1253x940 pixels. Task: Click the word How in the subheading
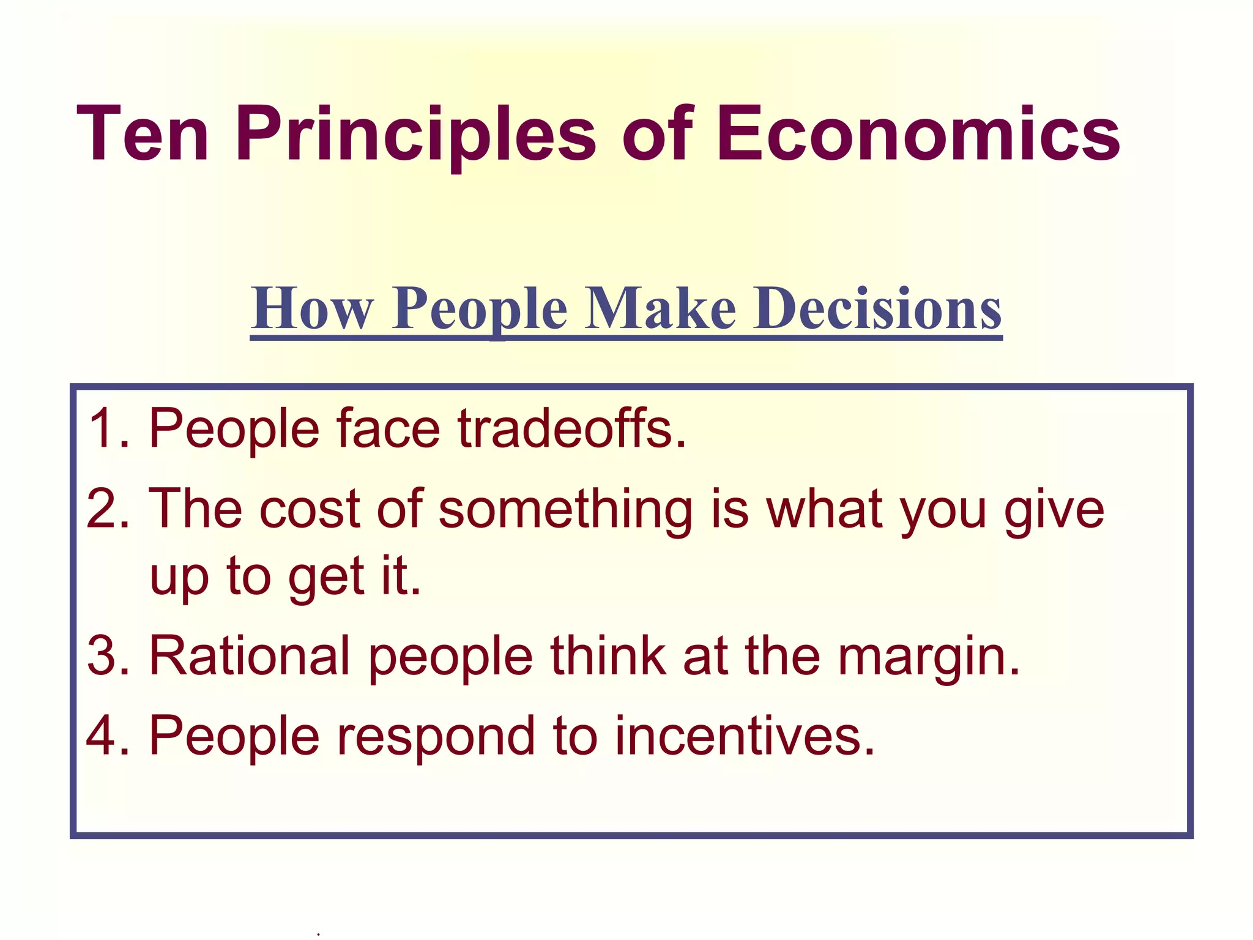pyautogui.click(x=313, y=308)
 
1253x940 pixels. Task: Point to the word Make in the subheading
pyautogui.click(x=661, y=308)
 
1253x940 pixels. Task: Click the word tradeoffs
pyautogui.click(x=571, y=428)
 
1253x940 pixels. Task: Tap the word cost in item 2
pyautogui.click(x=310, y=509)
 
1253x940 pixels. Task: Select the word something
pyautogui.click(x=566, y=509)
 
